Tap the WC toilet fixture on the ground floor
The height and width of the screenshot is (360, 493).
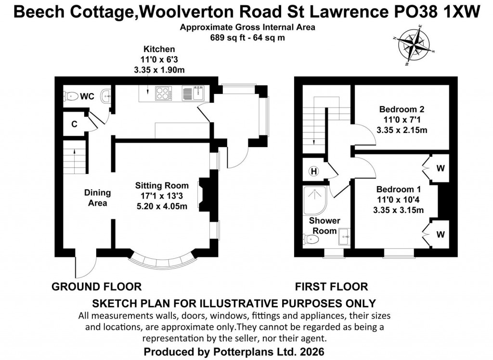[x=71, y=96]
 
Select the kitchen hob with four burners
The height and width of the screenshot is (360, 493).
[x=163, y=93]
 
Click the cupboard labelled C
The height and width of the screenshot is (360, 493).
[x=74, y=124]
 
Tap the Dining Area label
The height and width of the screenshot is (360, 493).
[x=98, y=198]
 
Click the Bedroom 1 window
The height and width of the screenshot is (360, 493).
[x=399, y=251]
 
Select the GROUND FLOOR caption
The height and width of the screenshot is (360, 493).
[x=96, y=287]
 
